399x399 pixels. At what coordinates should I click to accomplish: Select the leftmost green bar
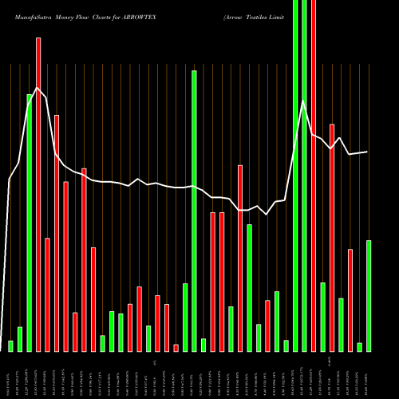pyautogui.click(x=10, y=346)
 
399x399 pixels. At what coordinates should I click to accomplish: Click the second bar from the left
pyautogui.click(x=20, y=339)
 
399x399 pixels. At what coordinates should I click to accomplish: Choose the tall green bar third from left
pyautogui.click(x=30, y=223)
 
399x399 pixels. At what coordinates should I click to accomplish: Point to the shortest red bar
pyautogui.click(x=176, y=347)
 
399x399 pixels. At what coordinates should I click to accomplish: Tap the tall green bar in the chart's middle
pyautogui.click(x=194, y=211)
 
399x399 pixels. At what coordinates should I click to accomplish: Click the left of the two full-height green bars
pyautogui.click(x=295, y=176)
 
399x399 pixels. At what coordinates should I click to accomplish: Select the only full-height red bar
pyautogui.click(x=314, y=176)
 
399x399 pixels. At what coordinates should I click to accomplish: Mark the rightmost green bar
pyautogui.click(x=369, y=295)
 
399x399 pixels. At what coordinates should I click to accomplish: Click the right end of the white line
pyautogui.click(x=367, y=152)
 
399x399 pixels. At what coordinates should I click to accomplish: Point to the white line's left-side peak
pyautogui.click(x=35, y=89)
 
